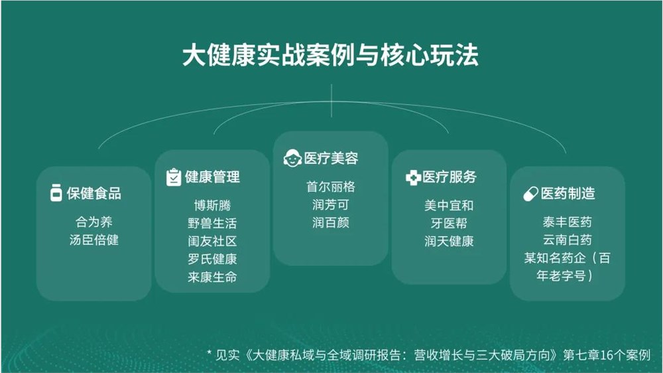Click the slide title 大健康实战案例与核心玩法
click(x=331, y=55)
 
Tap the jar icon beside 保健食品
click(x=56, y=193)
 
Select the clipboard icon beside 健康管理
click(x=173, y=177)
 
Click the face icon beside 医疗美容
click(x=292, y=159)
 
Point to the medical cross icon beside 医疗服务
click(x=413, y=177)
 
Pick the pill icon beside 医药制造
click(x=530, y=194)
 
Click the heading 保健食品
click(x=93, y=193)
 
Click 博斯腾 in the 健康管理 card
click(x=212, y=205)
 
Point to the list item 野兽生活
click(x=212, y=223)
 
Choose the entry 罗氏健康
click(x=212, y=259)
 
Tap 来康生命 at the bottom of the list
click(x=212, y=277)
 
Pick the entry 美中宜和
click(x=449, y=205)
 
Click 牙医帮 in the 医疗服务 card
click(x=449, y=223)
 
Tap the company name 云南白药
click(x=567, y=240)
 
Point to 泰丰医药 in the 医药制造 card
click(x=567, y=222)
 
